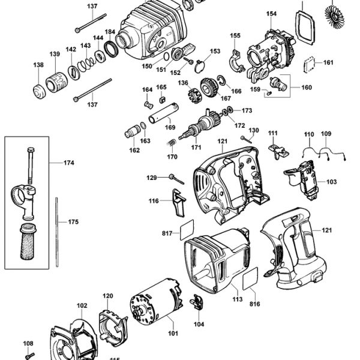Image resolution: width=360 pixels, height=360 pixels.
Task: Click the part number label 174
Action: (69, 163)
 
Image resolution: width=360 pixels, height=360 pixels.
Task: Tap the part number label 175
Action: (73, 222)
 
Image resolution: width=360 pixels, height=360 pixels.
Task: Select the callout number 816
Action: (255, 304)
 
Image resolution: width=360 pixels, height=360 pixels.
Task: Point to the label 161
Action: (328, 62)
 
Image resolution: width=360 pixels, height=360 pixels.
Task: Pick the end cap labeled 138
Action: (39, 92)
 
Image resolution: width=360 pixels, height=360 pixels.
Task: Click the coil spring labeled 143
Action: (86, 64)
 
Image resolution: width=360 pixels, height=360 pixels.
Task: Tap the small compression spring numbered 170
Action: (171, 143)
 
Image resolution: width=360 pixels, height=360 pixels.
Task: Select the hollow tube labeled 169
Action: (163, 113)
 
